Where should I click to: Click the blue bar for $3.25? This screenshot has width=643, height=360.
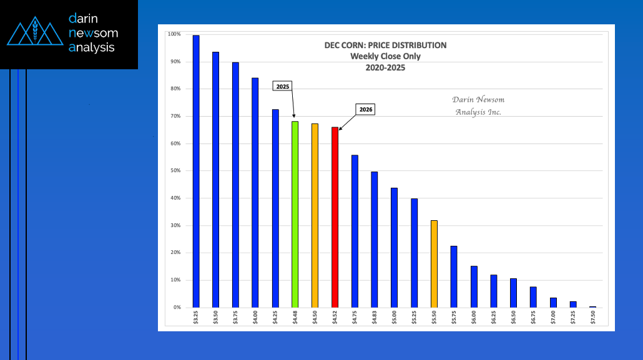tap(196, 171)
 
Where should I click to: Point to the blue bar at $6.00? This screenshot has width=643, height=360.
tap(474, 286)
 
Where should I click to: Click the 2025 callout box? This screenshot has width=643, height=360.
tap(283, 86)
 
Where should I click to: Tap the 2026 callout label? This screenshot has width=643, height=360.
tap(366, 109)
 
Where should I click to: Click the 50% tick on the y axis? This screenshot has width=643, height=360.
tap(176, 171)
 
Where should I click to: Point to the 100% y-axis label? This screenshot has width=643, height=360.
tap(175, 34)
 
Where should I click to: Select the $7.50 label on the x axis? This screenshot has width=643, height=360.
tap(593, 318)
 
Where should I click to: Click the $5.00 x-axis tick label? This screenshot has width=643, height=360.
tap(394, 318)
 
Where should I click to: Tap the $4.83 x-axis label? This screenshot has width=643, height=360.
tap(375, 318)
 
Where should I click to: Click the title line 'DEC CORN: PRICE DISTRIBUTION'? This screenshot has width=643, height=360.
tap(385, 46)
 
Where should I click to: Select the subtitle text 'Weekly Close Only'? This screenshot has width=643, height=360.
tap(385, 57)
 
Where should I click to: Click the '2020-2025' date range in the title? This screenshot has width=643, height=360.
tap(385, 68)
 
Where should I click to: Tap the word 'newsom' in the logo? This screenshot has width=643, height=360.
tap(93, 33)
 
